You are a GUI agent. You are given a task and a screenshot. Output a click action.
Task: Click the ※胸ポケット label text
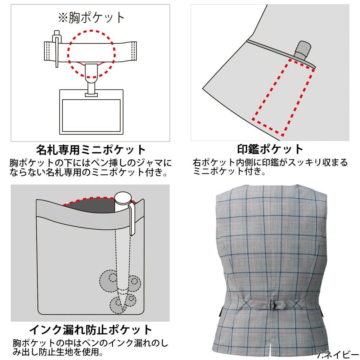point(91,18)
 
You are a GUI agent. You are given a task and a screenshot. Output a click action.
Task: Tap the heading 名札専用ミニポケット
point(91,150)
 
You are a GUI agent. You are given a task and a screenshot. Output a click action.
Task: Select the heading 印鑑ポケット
point(270,149)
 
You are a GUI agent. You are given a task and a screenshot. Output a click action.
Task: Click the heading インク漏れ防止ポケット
point(91,330)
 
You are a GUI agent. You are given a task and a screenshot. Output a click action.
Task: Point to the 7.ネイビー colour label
point(338,355)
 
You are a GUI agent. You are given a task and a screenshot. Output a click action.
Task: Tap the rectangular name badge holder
point(91,112)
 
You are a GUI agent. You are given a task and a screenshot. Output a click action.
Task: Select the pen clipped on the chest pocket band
point(57,48)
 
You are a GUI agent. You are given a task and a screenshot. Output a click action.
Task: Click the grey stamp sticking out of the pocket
point(303,50)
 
